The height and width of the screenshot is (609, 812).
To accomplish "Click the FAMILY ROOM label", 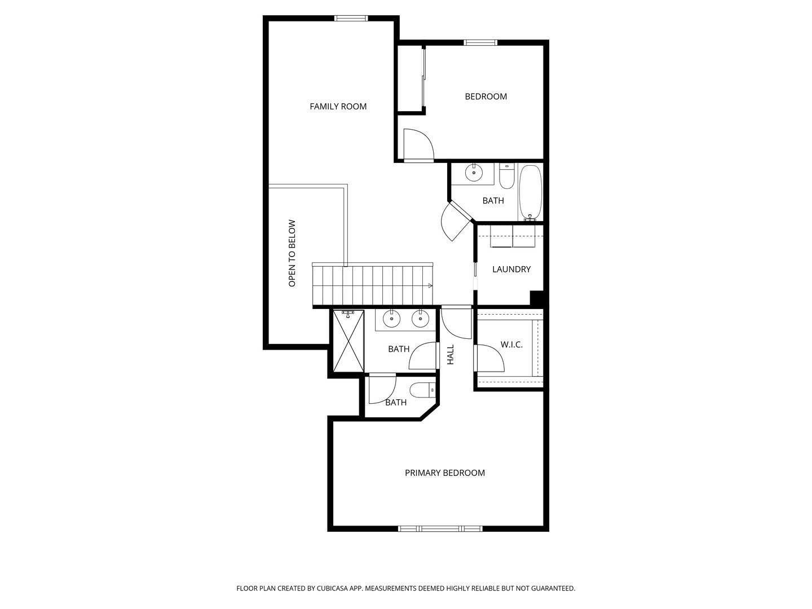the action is [x=338, y=107].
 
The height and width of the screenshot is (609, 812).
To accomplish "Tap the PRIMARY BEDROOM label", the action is [x=445, y=473].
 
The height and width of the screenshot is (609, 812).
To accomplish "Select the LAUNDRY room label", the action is [x=511, y=269].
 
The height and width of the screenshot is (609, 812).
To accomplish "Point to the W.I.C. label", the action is [x=511, y=345].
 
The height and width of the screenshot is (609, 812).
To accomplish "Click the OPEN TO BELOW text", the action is [x=292, y=253].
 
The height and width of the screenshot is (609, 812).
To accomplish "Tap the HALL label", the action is [x=450, y=355].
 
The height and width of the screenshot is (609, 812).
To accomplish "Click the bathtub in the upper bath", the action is [x=530, y=193].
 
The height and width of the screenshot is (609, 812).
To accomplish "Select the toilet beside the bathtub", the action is [x=506, y=176].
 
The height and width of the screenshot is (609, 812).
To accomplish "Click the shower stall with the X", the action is [x=348, y=341].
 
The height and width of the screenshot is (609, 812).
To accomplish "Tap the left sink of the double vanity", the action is [x=391, y=319].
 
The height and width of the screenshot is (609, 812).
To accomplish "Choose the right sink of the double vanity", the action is [x=420, y=319].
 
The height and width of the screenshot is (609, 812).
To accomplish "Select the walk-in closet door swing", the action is [x=489, y=358].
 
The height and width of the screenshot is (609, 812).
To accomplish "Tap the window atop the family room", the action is [x=351, y=18].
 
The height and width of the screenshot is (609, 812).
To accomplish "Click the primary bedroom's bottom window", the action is [x=440, y=529].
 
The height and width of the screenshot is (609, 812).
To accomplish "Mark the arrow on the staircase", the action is [x=430, y=285].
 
